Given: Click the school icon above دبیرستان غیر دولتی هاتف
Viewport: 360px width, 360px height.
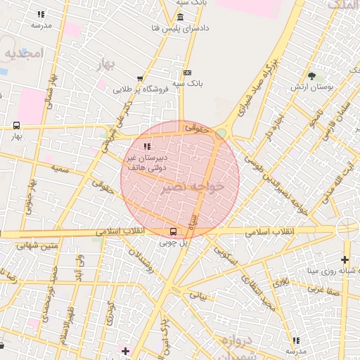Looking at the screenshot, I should click(x=146, y=146).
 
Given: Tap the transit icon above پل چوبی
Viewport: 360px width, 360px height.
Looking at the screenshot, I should click(x=173, y=231).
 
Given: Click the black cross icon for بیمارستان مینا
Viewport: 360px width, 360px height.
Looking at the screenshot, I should click(x=345, y=259).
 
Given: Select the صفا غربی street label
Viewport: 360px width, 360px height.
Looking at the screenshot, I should click(x=327, y=288).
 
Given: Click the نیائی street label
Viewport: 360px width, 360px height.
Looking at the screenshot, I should click(x=199, y=296).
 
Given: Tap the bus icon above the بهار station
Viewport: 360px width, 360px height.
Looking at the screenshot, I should click(x=15, y=125).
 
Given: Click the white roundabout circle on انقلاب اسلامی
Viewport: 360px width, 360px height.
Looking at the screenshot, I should click(x=347, y=229).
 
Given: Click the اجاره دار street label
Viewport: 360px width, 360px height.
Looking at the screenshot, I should click(x=270, y=127).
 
